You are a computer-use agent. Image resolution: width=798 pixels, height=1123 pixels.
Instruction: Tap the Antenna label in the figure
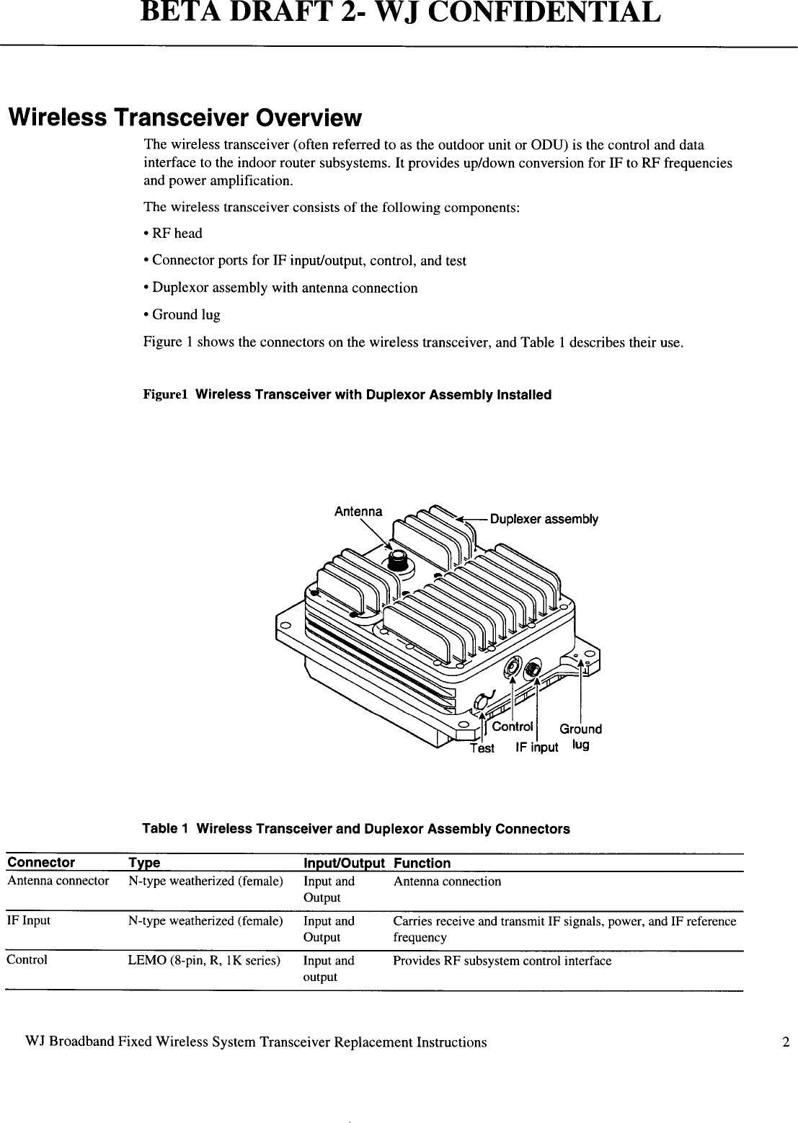click(x=358, y=512)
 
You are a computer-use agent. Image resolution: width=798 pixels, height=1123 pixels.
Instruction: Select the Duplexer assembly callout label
click(x=544, y=519)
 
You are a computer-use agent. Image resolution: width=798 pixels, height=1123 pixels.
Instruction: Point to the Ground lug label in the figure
click(x=580, y=736)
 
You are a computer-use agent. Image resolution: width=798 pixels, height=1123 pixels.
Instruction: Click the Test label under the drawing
click(x=482, y=748)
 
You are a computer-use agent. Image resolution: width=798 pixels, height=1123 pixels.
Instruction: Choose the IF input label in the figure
click(x=536, y=747)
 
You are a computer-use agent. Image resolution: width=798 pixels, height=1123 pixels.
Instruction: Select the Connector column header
click(x=41, y=863)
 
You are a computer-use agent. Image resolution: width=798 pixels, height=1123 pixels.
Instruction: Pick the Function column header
click(x=422, y=863)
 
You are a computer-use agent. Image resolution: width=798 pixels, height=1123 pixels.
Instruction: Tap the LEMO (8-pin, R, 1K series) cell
click(x=204, y=961)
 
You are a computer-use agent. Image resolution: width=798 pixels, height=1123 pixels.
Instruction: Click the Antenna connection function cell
click(x=446, y=882)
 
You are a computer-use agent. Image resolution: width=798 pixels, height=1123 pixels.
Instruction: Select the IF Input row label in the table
click(x=28, y=920)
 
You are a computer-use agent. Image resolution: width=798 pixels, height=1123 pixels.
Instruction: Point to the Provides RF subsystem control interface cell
click(x=502, y=961)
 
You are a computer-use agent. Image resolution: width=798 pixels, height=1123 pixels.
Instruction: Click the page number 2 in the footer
click(x=786, y=1042)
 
